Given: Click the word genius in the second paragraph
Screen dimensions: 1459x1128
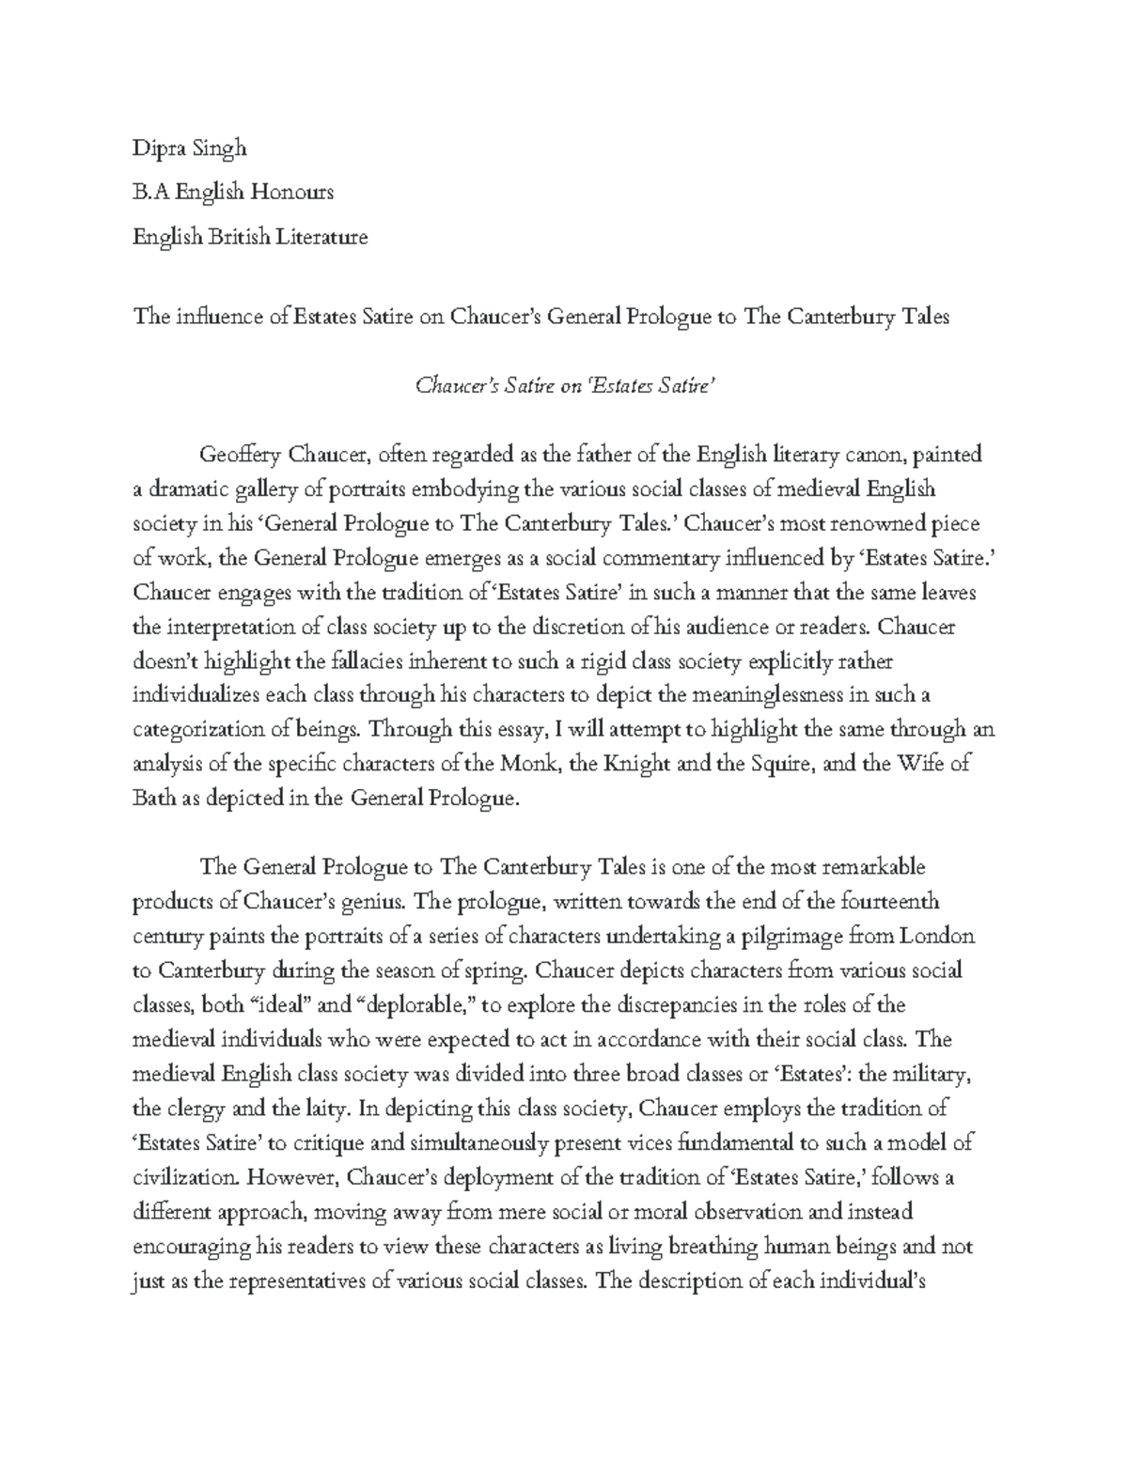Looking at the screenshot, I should point(375,902).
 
